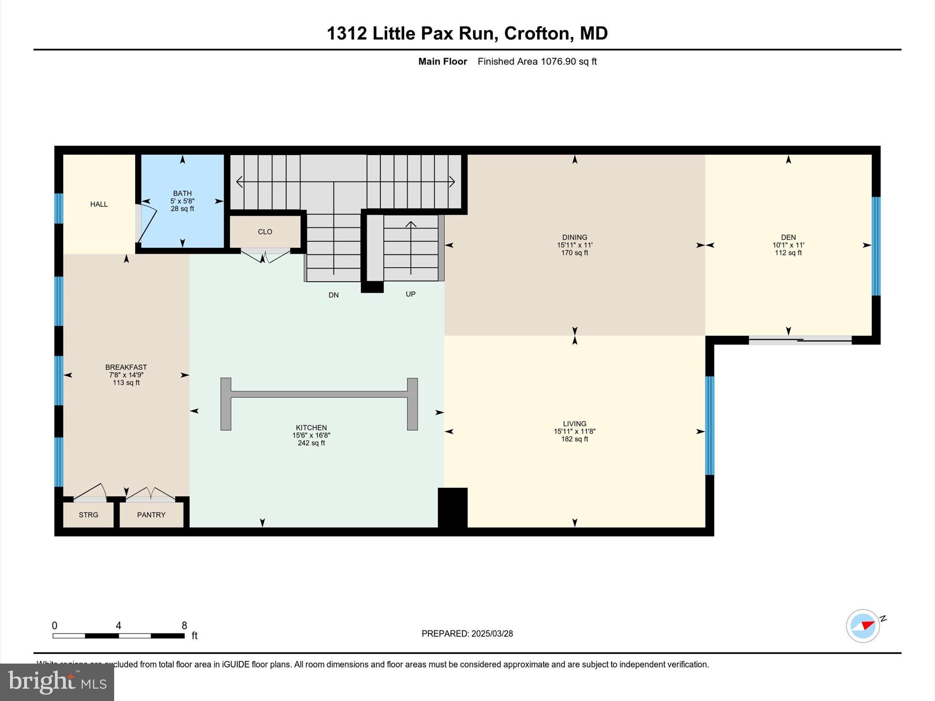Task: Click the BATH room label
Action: [182, 194]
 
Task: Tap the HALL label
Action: [99, 204]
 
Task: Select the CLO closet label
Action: [265, 232]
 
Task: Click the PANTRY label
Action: [151, 515]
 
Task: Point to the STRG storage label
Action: [88, 515]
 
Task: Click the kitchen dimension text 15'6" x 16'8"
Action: [311, 435]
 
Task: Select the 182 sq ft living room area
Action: [574, 439]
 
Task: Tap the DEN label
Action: [788, 237]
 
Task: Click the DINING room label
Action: [574, 237]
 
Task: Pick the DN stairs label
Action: [333, 295]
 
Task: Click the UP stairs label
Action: [410, 294]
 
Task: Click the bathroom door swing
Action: [147, 224]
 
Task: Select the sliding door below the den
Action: [800, 340]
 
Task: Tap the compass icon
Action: [862, 626]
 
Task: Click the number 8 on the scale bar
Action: [184, 626]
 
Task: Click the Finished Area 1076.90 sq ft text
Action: [537, 62]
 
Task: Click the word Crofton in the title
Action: [537, 33]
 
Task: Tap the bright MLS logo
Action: [57, 682]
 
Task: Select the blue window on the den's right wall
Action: [876, 246]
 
